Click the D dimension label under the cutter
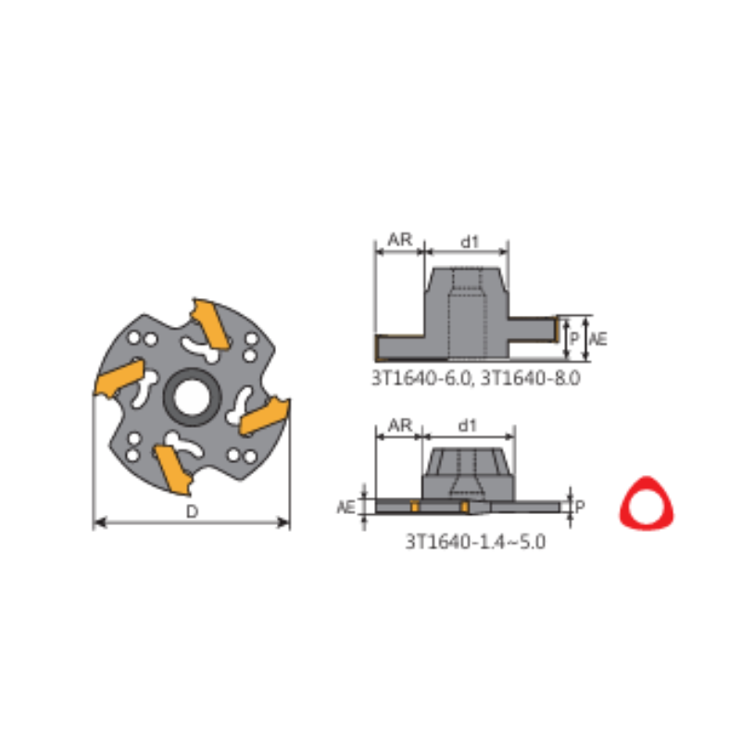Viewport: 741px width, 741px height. tap(192, 511)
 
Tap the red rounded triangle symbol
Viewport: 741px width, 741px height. tap(647, 502)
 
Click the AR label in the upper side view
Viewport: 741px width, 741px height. tap(399, 240)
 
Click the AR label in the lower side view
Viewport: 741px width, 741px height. tap(399, 424)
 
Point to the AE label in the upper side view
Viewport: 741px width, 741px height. tap(598, 339)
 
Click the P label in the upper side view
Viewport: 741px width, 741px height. tap(574, 339)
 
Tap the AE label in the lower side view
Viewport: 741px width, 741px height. tap(345, 507)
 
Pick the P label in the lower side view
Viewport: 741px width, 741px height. tap(580, 506)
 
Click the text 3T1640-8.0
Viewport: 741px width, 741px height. tap(534, 378)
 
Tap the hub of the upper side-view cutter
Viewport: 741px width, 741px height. tap(467, 306)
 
